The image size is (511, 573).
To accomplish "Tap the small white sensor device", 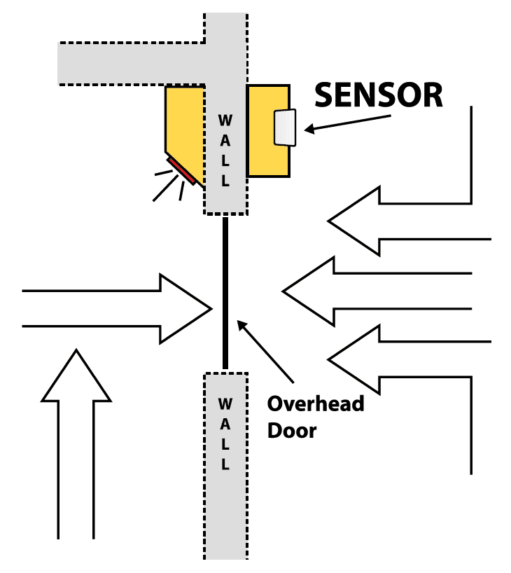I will click(x=285, y=128).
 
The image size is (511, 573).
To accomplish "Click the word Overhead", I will click(x=316, y=405).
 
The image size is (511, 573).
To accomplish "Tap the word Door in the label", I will click(x=292, y=429).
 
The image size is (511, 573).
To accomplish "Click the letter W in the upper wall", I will click(x=225, y=117).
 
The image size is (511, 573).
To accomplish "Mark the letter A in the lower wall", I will click(x=225, y=424).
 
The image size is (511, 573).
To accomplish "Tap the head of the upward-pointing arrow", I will click(x=76, y=378).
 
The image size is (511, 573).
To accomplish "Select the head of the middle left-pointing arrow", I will click(x=309, y=289).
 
